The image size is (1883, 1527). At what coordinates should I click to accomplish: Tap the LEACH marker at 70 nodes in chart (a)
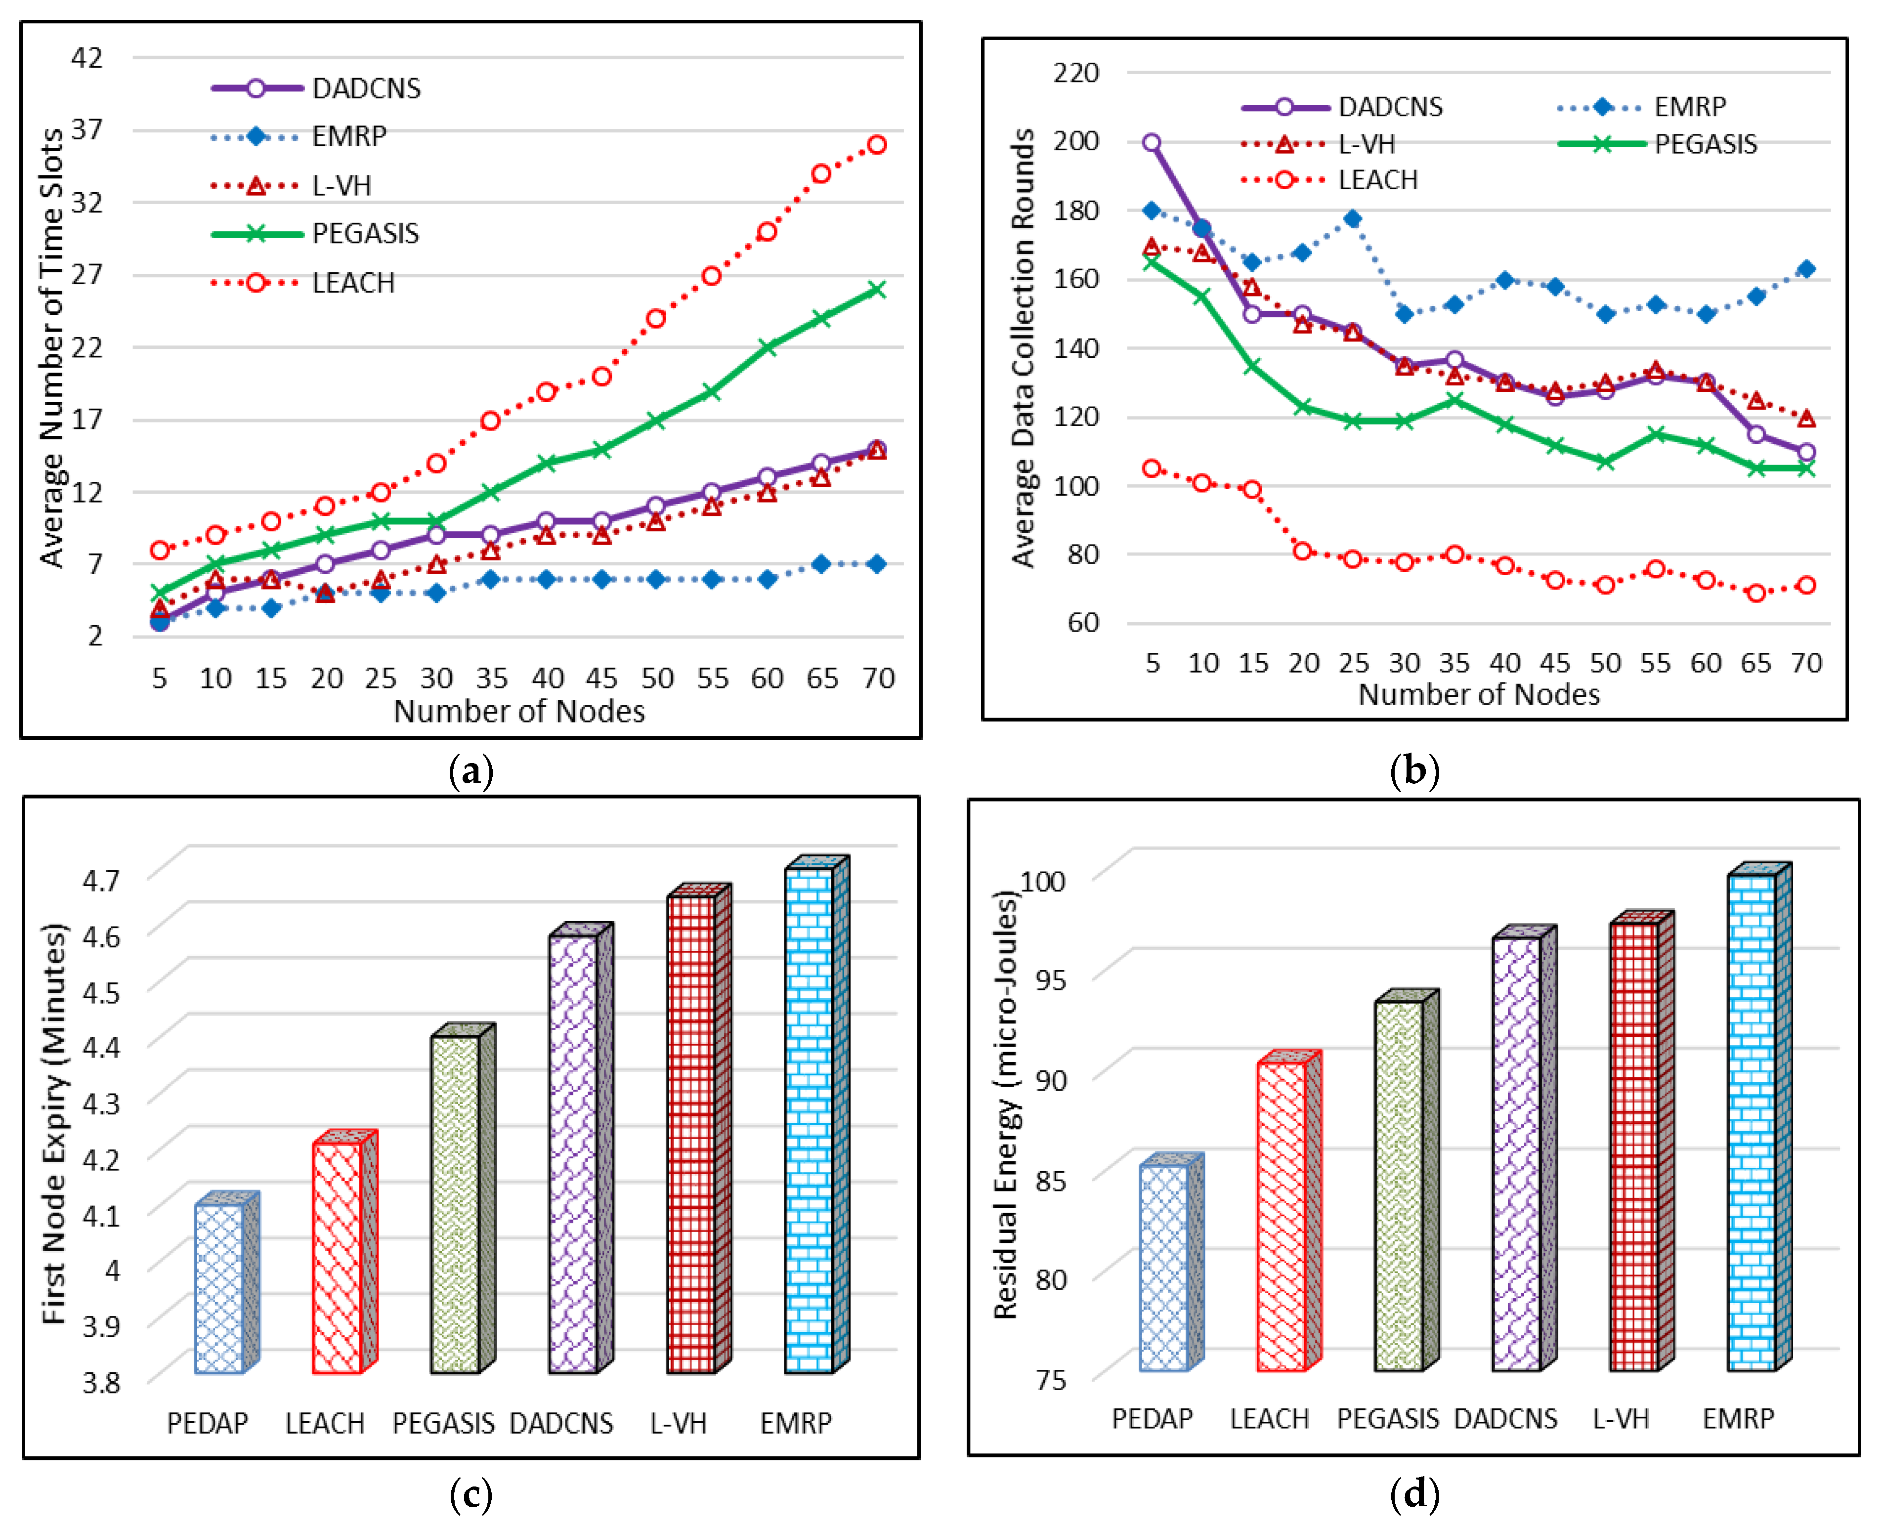click(x=876, y=145)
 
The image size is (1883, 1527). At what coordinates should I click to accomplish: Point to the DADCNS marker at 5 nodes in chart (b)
click(x=1151, y=142)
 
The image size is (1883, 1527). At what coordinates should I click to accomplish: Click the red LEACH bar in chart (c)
click(x=337, y=1257)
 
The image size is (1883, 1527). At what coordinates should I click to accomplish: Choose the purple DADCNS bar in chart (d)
click(x=1516, y=1152)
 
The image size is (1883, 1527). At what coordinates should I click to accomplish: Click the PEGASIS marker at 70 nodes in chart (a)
click(x=876, y=290)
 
